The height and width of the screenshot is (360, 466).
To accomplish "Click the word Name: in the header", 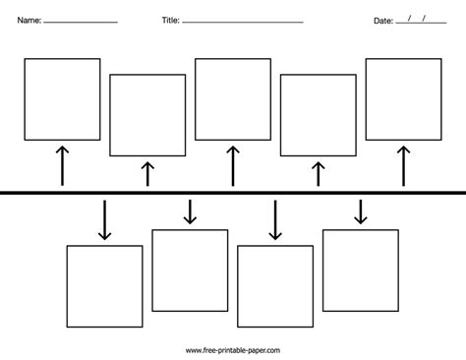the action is (x=29, y=21).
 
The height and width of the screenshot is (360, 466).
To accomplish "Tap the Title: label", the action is (x=171, y=21).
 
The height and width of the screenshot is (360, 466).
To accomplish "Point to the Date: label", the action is (x=383, y=21).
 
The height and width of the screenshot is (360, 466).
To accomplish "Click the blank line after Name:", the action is (x=81, y=23).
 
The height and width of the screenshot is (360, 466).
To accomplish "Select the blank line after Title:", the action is (x=243, y=23).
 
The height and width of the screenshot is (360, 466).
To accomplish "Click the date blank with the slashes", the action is (x=421, y=23).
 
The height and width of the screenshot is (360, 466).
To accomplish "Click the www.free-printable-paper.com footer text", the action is (x=233, y=350).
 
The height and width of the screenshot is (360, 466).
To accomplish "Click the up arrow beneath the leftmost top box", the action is (x=62, y=166).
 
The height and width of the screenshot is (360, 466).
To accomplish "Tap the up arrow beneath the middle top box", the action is (x=233, y=166).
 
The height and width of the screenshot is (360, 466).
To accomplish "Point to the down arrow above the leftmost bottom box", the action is (x=104, y=220).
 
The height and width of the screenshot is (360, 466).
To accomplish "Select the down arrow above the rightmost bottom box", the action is (x=361, y=212).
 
